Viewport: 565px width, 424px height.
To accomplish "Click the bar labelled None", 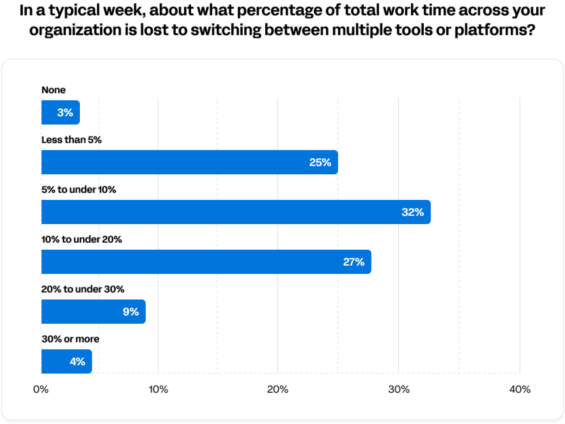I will coord(60,113).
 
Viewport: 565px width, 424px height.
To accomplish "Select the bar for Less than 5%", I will coord(189,162).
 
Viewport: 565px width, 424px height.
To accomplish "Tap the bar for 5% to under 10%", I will coord(236,212).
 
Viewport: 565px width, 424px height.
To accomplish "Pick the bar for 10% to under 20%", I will coord(206,262).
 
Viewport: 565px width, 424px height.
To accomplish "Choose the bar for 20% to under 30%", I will coord(93,311).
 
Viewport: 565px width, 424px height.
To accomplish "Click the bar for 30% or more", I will coord(67,361).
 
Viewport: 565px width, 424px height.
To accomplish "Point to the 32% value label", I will coord(413,212).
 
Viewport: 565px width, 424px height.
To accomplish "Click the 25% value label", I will coord(320,162).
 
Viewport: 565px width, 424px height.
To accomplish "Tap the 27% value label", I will coord(354,262).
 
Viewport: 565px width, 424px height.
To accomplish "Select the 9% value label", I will coord(131,312).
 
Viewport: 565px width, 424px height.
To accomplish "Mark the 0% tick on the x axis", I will coord(41,389).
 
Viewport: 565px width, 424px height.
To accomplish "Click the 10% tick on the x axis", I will coord(158,389).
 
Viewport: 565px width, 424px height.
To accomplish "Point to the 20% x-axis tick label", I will coord(278,389).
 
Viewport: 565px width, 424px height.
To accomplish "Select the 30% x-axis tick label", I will coord(399,389).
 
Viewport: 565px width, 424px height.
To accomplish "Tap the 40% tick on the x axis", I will coord(520,389).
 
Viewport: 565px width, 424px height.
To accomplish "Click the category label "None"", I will coord(53,90).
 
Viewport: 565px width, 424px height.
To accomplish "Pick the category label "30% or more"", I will coord(70,339).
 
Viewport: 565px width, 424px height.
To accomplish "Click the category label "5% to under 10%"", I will coord(79,190).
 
